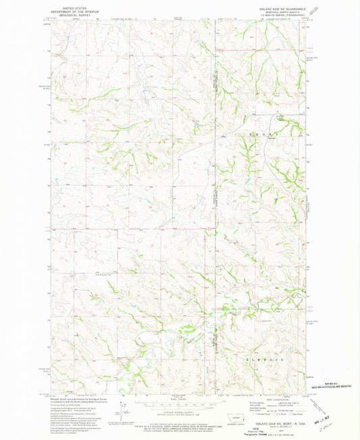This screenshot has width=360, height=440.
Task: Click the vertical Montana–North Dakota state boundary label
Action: click(215, 88)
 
